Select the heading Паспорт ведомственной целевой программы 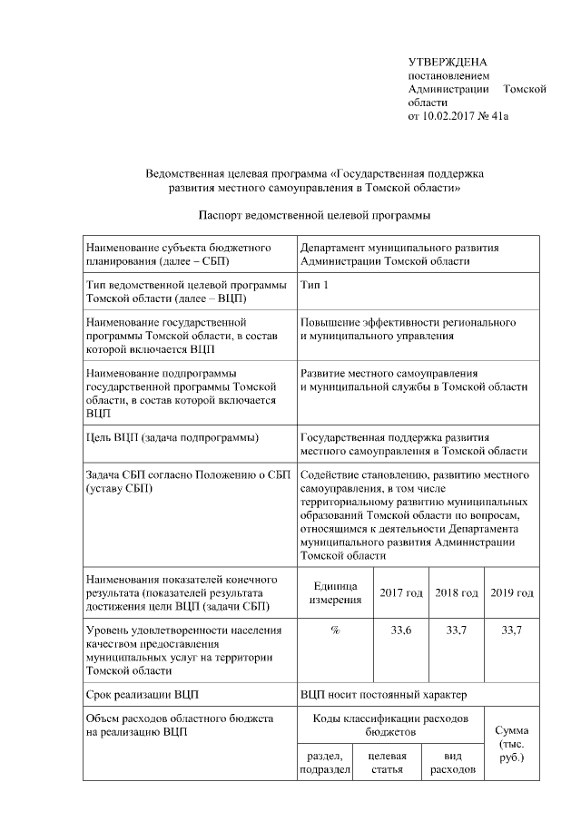coord(313,215)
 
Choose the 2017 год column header coord(401,592)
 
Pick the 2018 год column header coord(457,592)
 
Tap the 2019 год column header coord(512,592)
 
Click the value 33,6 coord(401,630)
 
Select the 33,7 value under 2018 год coord(457,630)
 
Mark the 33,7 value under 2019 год coord(512,630)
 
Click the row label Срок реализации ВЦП coord(142,695)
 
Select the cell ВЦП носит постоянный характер coord(383,695)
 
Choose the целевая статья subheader coord(387,763)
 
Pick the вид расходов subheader coord(451,763)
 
